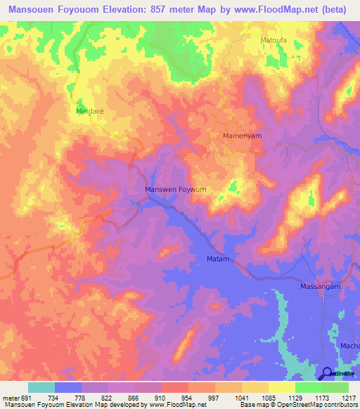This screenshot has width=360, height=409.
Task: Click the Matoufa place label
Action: [274, 41]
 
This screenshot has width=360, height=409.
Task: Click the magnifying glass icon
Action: [326, 373]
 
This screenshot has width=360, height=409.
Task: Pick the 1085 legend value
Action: [269, 397]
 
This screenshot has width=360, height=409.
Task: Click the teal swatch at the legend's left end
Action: [41, 387]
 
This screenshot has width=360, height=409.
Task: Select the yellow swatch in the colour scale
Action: [282, 387]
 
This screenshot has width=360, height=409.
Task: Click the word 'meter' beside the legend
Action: [11, 397]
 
